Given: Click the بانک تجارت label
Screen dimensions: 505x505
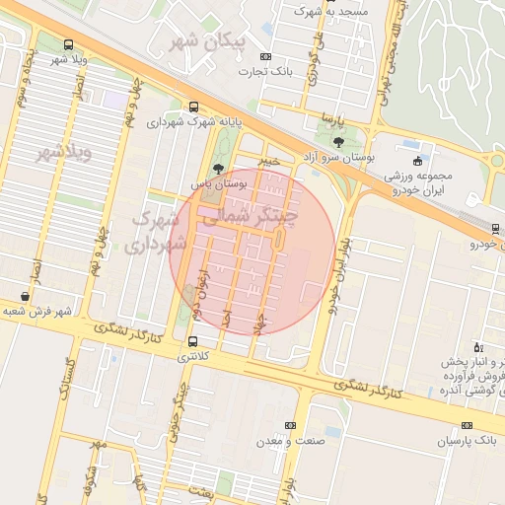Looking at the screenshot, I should [x=272, y=72].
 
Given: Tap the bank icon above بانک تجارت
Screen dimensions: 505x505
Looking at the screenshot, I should [x=265, y=56].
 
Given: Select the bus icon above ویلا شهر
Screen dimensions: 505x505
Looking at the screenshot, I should [x=67, y=44].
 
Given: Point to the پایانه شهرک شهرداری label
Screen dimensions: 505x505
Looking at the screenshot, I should [x=195, y=123].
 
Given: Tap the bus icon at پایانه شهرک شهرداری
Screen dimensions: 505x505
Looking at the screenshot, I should [x=192, y=107].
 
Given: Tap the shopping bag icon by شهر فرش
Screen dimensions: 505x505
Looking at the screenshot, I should [x=25, y=296].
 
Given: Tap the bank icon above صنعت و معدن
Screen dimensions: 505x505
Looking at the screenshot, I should [x=289, y=425].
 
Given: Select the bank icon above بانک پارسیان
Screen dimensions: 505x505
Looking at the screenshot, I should [x=467, y=425].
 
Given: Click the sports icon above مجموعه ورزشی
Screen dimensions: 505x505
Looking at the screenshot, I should [x=418, y=160].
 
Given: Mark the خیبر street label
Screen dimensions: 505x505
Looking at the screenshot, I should [x=267, y=159].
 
